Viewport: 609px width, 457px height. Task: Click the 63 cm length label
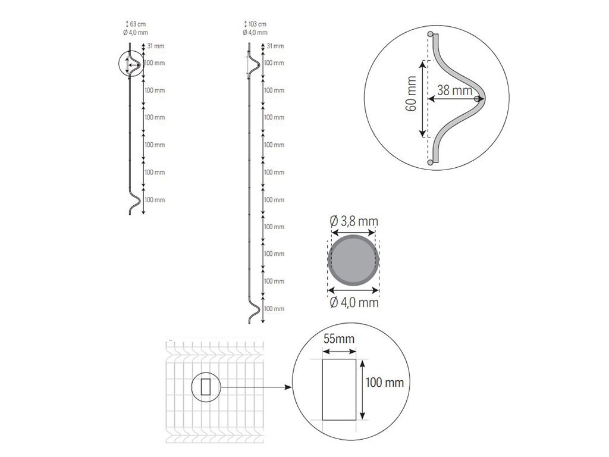136,24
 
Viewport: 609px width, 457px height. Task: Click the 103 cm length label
255,24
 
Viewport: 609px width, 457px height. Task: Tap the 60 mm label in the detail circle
411,93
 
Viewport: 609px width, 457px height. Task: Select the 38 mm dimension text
455,90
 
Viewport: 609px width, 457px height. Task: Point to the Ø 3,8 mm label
354,221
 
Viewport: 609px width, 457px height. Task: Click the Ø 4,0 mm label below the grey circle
354,302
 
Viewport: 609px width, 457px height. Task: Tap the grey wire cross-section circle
353,261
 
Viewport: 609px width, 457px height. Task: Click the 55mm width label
339,339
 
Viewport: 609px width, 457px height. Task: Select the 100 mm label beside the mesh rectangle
385,383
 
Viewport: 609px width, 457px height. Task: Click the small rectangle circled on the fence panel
205,387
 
